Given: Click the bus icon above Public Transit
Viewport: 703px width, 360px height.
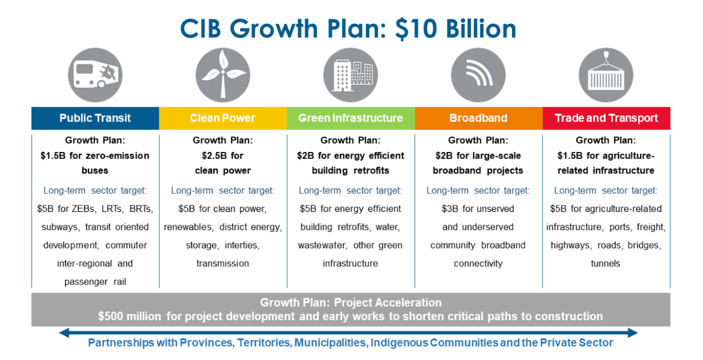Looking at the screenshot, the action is pyautogui.click(x=95, y=75).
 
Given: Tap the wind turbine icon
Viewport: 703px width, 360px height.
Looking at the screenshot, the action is pyautogui.click(x=223, y=75).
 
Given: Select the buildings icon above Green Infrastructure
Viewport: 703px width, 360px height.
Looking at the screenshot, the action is pyautogui.click(x=351, y=75).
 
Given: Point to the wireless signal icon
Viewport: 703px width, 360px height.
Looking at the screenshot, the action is pyautogui.click(x=478, y=75).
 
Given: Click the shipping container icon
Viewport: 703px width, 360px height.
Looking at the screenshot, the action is pyautogui.click(x=606, y=75).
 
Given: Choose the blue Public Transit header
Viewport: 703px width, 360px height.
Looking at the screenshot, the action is pyautogui.click(x=95, y=118).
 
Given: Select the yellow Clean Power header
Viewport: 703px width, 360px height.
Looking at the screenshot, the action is pyautogui.click(x=223, y=118).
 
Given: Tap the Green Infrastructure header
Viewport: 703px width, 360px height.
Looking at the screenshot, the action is pyautogui.click(x=351, y=118).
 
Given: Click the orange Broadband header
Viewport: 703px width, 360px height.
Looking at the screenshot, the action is pyautogui.click(x=478, y=118).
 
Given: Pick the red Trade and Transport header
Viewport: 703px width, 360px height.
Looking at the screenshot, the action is pyautogui.click(x=606, y=118).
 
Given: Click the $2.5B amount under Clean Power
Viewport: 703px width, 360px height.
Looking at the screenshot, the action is pyautogui.click(x=212, y=156).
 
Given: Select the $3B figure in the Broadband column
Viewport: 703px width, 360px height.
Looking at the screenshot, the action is pyautogui.click(x=450, y=209).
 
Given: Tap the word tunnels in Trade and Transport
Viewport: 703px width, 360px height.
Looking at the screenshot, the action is pyautogui.click(x=605, y=263).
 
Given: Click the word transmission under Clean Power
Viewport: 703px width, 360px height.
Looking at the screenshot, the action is pyautogui.click(x=223, y=263).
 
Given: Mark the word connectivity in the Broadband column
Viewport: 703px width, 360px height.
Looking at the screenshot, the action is pyautogui.click(x=478, y=264).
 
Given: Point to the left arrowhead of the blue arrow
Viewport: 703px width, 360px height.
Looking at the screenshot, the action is pyautogui.click(x=64, y=333).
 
